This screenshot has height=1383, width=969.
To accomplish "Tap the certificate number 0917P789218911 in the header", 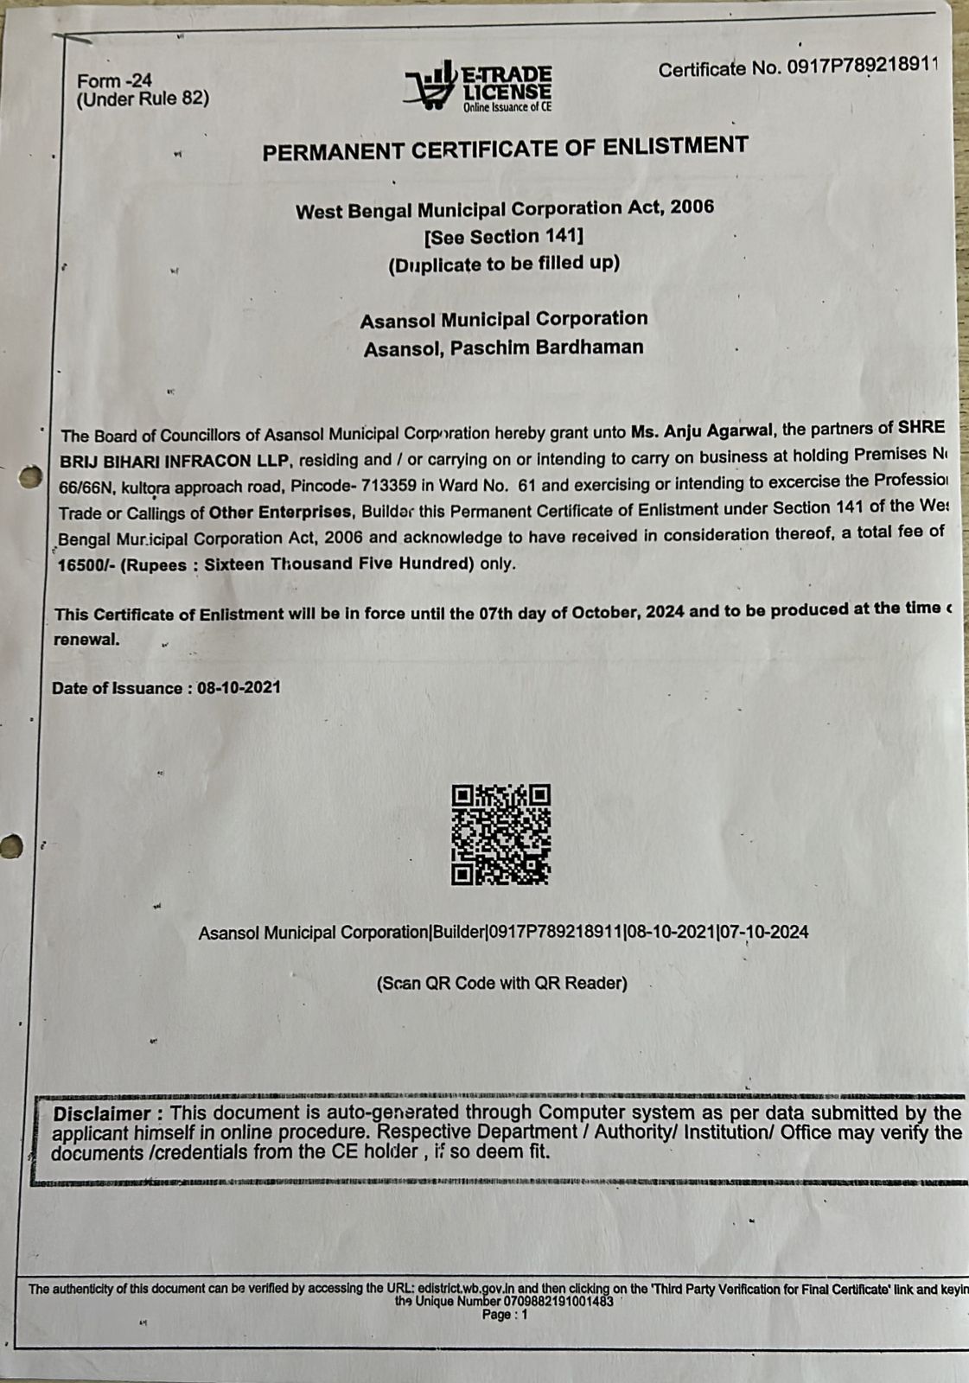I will (862, 67).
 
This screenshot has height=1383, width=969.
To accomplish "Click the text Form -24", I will (114, 80).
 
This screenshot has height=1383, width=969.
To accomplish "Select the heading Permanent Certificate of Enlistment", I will (505, 149).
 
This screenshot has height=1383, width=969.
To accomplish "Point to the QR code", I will (500, 834).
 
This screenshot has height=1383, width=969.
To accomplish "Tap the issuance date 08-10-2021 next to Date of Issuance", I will (239, 688).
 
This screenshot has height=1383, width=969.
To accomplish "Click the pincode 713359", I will (395, 485).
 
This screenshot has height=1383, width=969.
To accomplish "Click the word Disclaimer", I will (102, 1113).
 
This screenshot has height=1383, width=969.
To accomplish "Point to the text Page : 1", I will (505, 1315).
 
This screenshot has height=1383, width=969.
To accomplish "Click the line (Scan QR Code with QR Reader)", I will (501, 983).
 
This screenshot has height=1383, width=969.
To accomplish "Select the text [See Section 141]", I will (504, 236).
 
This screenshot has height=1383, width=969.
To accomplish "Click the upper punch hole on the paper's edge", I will (29, 476).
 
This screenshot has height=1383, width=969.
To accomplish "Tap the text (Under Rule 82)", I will (143, 99).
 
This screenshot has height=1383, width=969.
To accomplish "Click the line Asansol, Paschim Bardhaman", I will (504, 347).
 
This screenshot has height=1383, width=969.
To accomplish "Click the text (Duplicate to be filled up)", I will (504, 264).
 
